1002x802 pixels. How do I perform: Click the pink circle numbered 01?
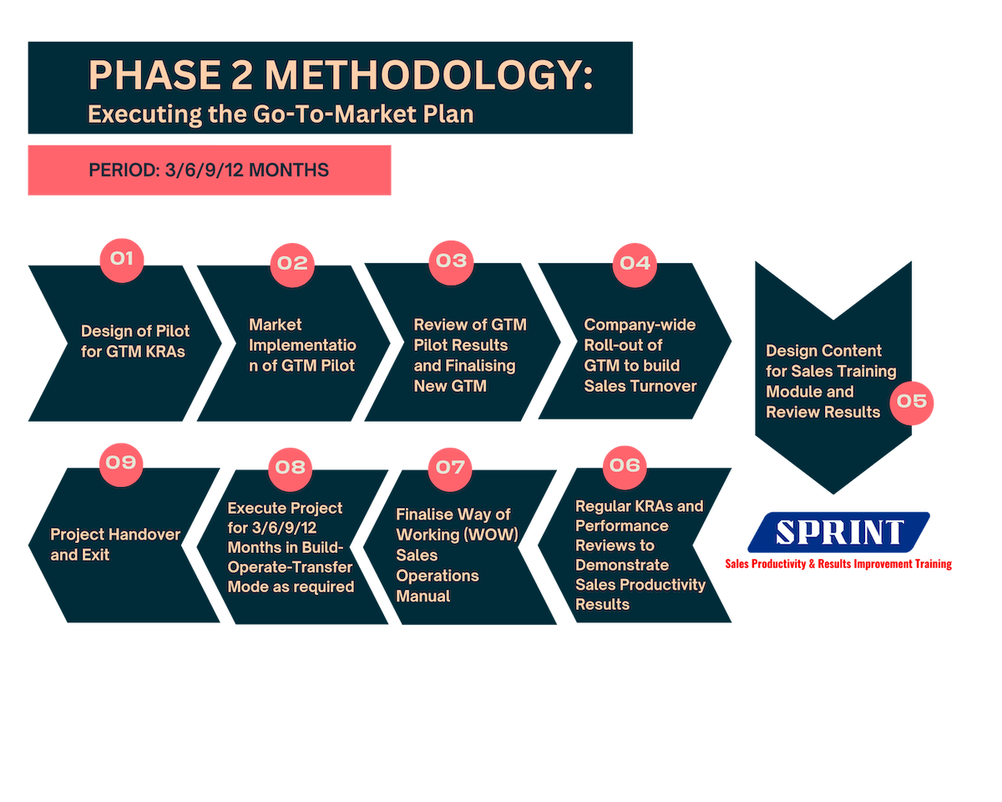click(122, 260)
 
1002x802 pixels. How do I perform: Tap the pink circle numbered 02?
click(292, 265)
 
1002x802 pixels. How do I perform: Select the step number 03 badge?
click(451, 262)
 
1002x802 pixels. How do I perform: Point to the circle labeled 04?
click(634, 265)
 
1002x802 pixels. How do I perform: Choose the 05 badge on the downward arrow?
click(911, 403)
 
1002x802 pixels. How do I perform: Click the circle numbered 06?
click(625, 467)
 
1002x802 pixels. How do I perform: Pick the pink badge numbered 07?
click(450, 469)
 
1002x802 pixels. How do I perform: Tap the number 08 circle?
click(290, 469)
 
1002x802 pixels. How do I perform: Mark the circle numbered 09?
click(121, 464)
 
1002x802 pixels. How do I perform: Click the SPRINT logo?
click(838, 532)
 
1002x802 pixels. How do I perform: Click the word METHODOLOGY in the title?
click(428, 75)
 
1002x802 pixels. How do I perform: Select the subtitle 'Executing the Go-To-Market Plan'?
click(281, 114)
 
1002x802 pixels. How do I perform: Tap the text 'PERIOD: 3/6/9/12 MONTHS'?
click(209, 170)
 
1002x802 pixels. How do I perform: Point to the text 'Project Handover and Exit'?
click(115, 545)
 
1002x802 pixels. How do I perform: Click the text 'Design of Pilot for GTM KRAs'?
click(135, 341)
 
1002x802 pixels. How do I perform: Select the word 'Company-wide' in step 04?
click(640, 325)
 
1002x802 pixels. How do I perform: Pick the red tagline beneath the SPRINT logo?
click(838, 564)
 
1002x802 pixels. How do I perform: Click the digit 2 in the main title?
click(241, 75)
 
